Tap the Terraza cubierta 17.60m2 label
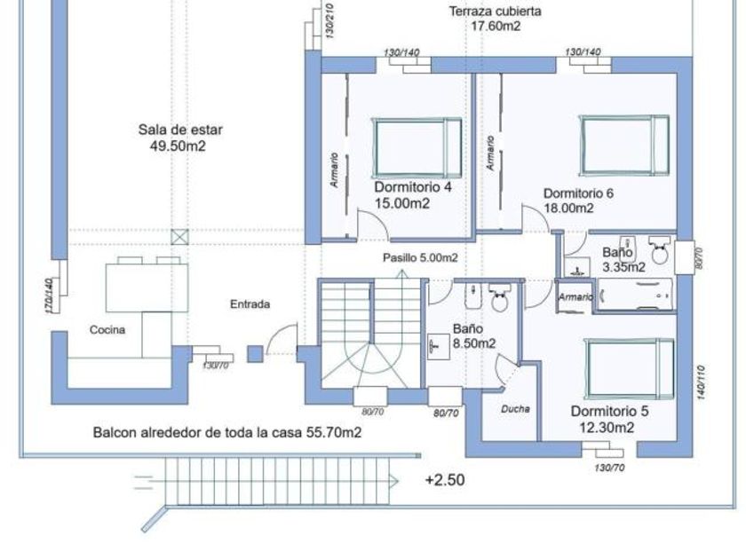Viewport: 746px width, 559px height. pos(496,20)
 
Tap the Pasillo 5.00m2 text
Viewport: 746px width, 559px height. pos(420,258)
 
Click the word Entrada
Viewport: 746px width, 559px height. pos(250,303)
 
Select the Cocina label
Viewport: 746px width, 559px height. pos(107,330)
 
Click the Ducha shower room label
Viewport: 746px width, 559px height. pos(515,409)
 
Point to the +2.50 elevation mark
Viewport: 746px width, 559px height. pos(445,480)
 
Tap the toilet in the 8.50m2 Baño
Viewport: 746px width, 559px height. pos(498,298)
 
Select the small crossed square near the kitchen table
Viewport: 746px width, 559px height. pos(180,237)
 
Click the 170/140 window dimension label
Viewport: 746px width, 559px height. pos(49,294)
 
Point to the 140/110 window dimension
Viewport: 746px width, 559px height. pos(702,382)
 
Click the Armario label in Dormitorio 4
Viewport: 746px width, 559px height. pos(335,169)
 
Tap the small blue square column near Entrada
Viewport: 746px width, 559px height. pos(255,353)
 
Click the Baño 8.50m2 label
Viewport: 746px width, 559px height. pos(473,335)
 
